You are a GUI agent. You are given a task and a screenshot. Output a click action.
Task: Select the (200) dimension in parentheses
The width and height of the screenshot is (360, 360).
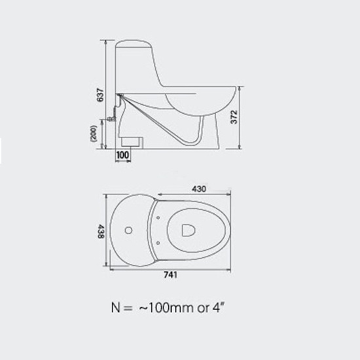[x=96, y=134]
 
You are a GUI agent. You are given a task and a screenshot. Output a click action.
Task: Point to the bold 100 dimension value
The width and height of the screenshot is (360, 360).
[x=122, y=155]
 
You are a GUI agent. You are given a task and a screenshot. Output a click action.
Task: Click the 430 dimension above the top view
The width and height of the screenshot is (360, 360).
[x=201, y=189]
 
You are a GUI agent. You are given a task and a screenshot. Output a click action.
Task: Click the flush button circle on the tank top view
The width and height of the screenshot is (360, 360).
[x=129, y=230]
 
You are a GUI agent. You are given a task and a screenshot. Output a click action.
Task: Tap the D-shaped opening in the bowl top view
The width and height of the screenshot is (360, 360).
[x=186, y=230]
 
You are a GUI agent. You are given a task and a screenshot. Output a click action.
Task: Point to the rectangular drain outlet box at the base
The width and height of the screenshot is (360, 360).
[x=132, y=140]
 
